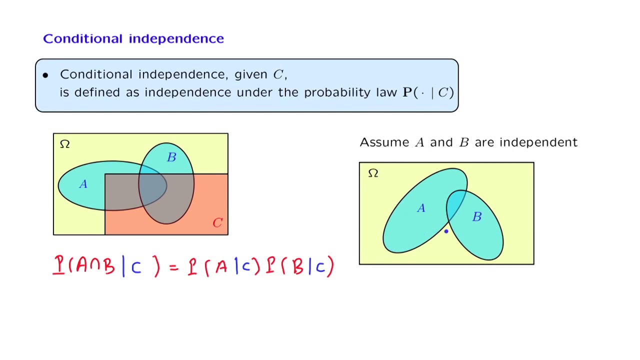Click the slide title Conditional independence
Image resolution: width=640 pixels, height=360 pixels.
pyautogui.click(x=133, y=38)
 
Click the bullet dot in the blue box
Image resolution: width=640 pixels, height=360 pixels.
pyautogui.click(x=45, y=75)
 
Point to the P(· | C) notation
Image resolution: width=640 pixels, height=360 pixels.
pyautogui.click(x=428, y=92)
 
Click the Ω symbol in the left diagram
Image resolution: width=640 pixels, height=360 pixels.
pyautogui.click(x=64, y=144)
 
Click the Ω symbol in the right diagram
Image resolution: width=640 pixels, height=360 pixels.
pyautogui.click(x=373, y=173)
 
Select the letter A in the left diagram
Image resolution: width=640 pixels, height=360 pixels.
pyautogui.click(x=83, y=184)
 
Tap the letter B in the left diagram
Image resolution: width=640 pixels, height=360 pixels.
pyautogui.click(x=171, y=157)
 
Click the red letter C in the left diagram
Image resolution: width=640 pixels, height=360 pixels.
pyautogui.click(x=217, y=223)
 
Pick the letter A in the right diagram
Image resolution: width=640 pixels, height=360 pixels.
pyautogui.click(x=421, y=208)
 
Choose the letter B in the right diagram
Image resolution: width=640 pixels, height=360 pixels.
pyautogui.click(x=476, y=216)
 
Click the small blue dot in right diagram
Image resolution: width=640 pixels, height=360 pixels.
pyautogui.click(x=446, y=231)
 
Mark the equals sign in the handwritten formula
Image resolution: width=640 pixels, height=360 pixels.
pyautogui.click(x=174, y=268)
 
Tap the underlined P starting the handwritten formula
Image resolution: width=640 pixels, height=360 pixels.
pyautogui.click(x=59, y=265)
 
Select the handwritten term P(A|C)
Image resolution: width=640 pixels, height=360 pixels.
pyautogui.click(x=223, y=266)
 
